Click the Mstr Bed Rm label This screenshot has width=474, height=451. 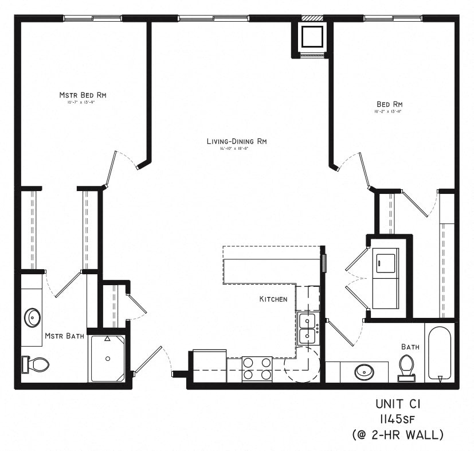(84, 95)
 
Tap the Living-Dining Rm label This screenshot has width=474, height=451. (237, 141)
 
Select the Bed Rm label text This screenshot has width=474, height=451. (389, 104)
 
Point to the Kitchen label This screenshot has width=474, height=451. (273, 299)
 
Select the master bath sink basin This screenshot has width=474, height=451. (33, 317)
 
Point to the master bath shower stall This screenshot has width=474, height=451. (107, 359)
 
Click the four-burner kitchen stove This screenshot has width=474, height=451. (257, 368)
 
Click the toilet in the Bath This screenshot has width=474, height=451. (406, 367)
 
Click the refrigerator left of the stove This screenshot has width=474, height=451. (209, 366)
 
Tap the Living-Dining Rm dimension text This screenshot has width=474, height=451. (237, 149)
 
